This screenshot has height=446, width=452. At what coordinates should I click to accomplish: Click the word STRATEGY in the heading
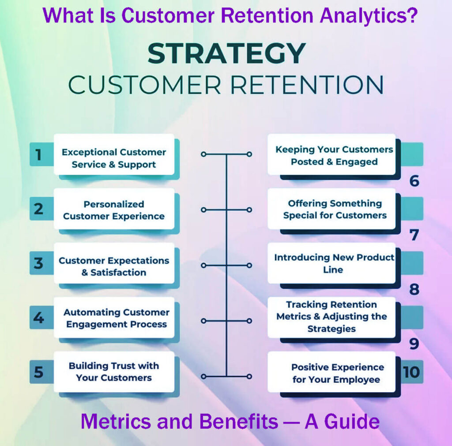pos(226,53)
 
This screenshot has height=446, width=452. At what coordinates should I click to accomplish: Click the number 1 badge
pos(39,155)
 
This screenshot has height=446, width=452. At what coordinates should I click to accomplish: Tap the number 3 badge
pos(39,263)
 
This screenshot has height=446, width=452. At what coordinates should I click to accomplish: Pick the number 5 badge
pos(39,372)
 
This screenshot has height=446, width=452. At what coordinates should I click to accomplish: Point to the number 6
pos(414,181)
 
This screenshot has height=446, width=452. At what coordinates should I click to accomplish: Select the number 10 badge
pos(411,372)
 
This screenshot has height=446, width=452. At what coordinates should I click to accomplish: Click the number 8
pos(414,289)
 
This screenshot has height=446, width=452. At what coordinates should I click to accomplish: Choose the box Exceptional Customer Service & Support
pos(114,158)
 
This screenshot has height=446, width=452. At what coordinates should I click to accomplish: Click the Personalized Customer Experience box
pos(114,210)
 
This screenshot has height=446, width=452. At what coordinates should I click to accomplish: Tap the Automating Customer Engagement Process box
pos(116,318)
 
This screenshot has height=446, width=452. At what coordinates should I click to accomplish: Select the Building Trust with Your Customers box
pos(114,372)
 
